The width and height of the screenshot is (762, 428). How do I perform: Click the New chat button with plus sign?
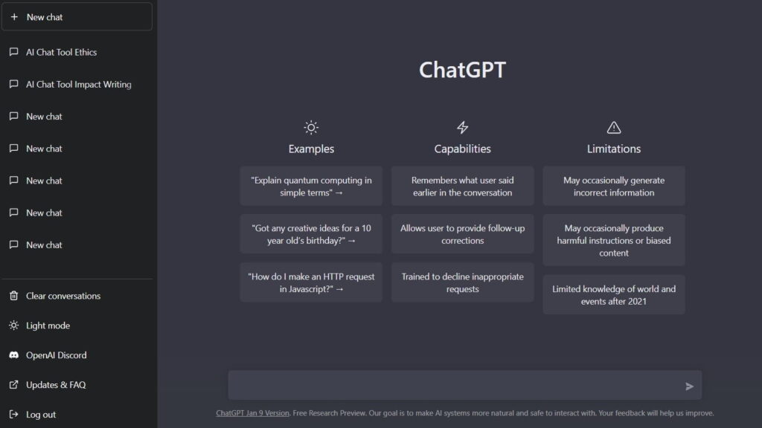(77, 16)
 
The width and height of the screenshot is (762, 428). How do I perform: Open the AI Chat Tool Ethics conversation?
(61, 52)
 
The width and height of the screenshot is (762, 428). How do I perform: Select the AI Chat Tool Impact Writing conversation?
(78, 85)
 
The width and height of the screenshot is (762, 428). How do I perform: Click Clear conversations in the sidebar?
(63, 296)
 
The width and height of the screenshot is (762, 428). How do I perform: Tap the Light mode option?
(48, 325)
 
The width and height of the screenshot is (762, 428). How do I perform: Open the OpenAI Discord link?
(56, 355)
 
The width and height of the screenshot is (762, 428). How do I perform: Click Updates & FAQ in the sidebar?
(56, 385)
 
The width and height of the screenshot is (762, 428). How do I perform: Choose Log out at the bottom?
(41, 415)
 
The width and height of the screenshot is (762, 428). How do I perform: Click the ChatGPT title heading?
(462, 70)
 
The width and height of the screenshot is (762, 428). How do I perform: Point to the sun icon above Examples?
(311, 127)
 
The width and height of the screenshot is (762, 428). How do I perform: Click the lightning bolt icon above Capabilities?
(462, 127)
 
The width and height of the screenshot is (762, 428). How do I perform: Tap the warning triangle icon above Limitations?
(613, 127)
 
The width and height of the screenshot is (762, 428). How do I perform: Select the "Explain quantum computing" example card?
(311, 187)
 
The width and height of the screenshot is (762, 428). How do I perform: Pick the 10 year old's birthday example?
(311, 234)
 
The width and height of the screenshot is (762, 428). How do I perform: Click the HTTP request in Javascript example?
(311, 282)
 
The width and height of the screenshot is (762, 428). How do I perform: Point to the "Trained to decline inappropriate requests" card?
(462, 282)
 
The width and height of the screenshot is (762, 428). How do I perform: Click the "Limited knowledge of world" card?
(613, 295)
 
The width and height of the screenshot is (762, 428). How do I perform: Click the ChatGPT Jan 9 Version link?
(252, 413)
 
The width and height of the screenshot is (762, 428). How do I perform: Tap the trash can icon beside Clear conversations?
(13, 296)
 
